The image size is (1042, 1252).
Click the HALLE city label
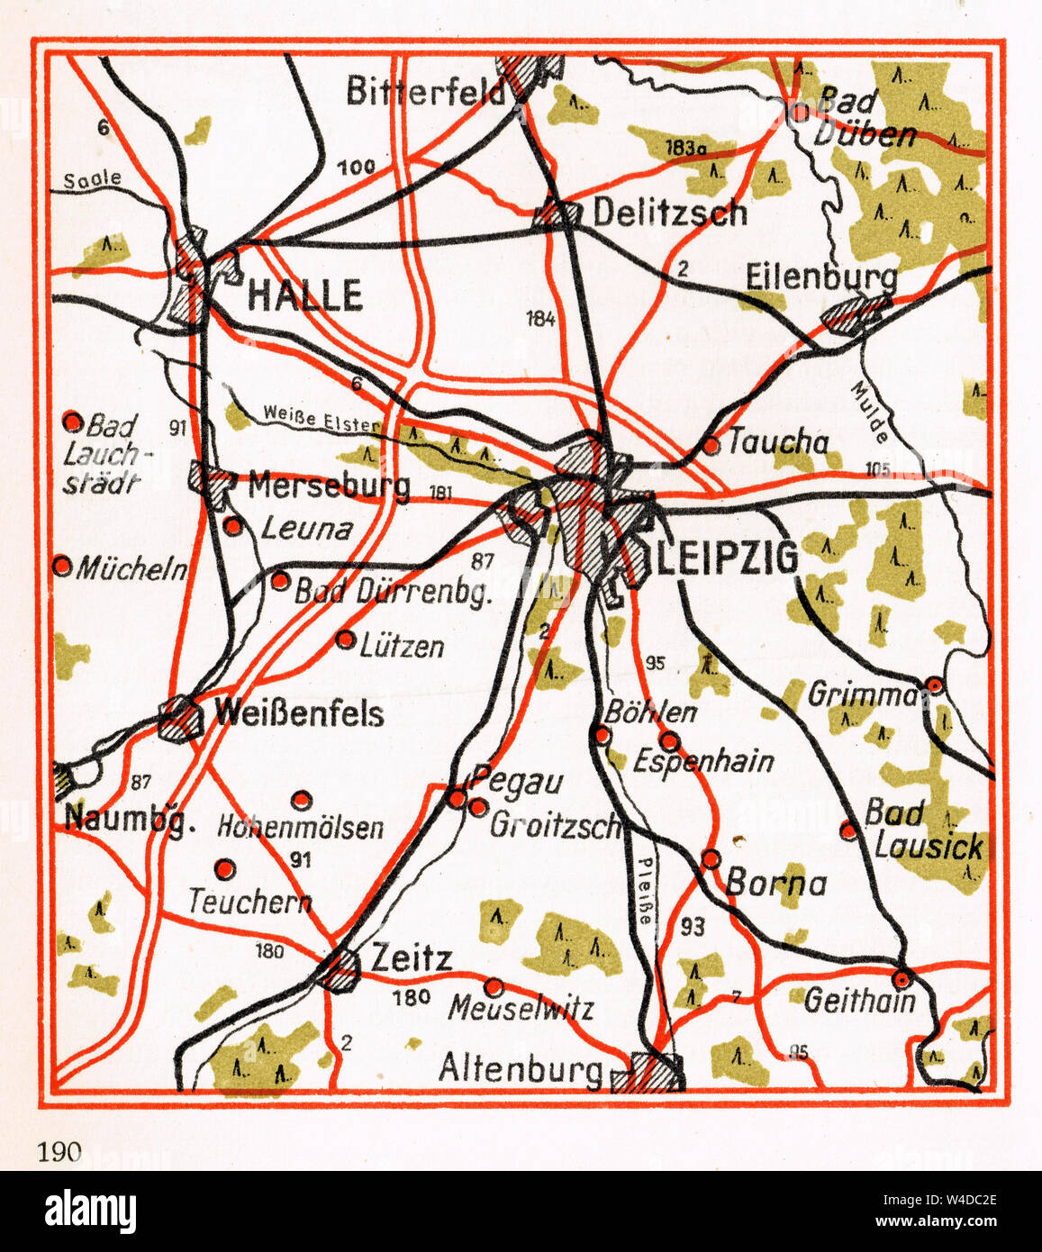tap(304, 295)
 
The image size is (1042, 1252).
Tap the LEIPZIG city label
tap(726, 558)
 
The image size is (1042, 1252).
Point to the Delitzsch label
tap(669, 213)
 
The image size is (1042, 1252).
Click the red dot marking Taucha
tap(711, 445)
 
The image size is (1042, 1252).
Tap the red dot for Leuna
tap(233, 527)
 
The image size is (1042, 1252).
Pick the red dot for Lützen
tap(345, 640)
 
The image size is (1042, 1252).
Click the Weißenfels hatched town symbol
tap(181, 718)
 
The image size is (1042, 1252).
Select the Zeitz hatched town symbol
tap(340, 968)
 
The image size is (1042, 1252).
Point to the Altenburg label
tap(520, 1069)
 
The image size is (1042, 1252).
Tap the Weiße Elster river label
tap(322, 416)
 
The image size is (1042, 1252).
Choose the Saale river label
tap(92, 179)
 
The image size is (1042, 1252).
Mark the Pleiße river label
tap(646, 888)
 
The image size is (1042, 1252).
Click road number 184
tap(540, 317)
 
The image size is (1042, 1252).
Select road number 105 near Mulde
tap(878, 467)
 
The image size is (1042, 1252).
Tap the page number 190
tap(59, 1150)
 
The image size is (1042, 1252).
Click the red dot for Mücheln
tap(62, 566)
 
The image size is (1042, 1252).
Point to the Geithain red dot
tap(902, 977)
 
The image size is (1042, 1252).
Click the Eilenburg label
tap(821, 277)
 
